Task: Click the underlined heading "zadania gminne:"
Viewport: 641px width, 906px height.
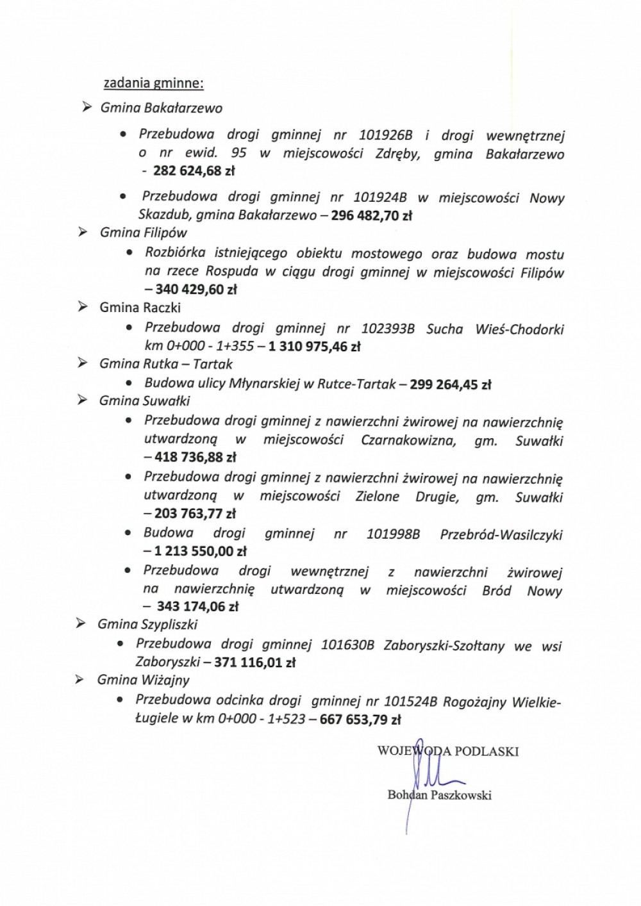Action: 154,83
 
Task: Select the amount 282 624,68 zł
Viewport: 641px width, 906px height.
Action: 194,171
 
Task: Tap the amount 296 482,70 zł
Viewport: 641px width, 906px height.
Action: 371,216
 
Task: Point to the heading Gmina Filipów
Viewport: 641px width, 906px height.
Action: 144,233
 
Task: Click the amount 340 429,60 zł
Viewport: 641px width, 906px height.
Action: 196,290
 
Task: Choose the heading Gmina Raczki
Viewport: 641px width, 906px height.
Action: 140,308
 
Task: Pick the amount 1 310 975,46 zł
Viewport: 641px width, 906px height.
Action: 315,347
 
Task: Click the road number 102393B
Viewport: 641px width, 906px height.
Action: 388,329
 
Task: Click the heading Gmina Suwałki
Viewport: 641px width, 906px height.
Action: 144,401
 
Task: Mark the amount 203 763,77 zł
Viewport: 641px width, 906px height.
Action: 195,513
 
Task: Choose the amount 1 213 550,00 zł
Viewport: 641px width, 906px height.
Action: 200,551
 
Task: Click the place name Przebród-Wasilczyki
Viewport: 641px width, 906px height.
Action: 501,534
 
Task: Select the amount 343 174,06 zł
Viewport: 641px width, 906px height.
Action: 197,606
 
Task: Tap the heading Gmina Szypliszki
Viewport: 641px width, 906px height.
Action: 147,624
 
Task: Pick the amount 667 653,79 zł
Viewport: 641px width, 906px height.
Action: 360,720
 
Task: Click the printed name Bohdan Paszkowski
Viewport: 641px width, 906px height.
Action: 439,795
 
